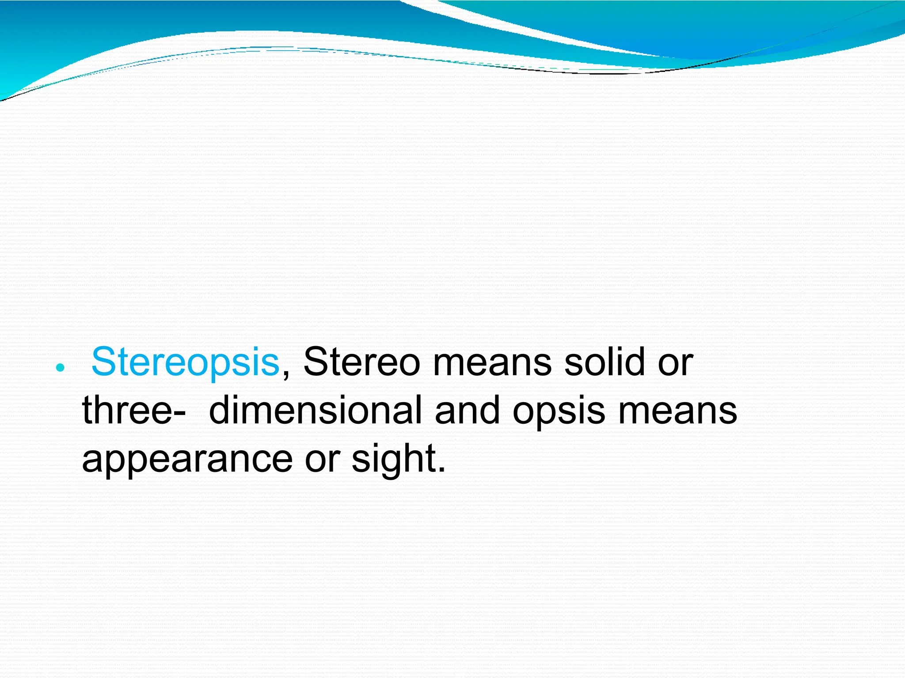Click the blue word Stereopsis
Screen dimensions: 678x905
coord(185,362)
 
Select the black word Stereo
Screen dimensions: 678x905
coord(361,362)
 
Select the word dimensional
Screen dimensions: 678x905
coord(315,411)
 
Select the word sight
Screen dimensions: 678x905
coord(394,459)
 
